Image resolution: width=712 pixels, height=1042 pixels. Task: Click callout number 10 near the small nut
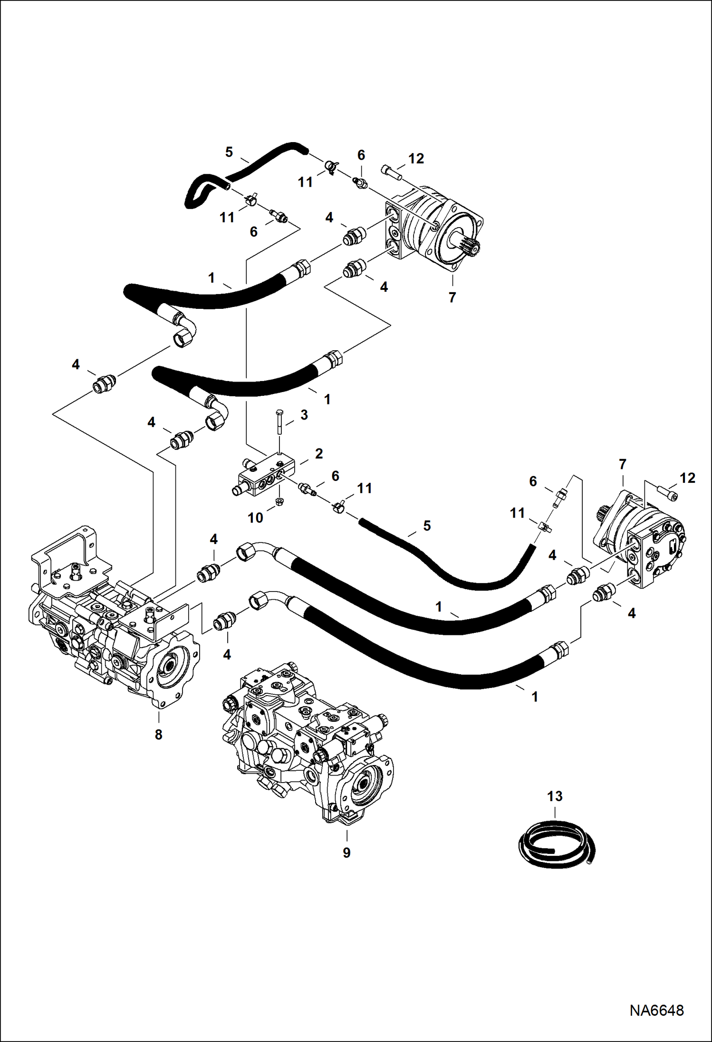[255, 517]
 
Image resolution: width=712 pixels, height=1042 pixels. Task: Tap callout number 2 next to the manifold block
[318, 453]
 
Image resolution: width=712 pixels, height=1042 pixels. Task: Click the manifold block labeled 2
[266, 477]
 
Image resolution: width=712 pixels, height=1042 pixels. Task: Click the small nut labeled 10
[279, 502]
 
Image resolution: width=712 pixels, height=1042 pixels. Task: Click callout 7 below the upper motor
[452, 297]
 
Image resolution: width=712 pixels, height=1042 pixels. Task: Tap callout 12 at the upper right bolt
[416, 158]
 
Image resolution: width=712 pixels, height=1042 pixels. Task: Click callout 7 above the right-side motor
[622, 464]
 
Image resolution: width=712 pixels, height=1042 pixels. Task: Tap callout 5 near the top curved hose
[229, 152]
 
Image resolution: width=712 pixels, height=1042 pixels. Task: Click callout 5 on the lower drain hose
[426, 526]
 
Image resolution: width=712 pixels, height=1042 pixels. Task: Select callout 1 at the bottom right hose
[534, 697]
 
